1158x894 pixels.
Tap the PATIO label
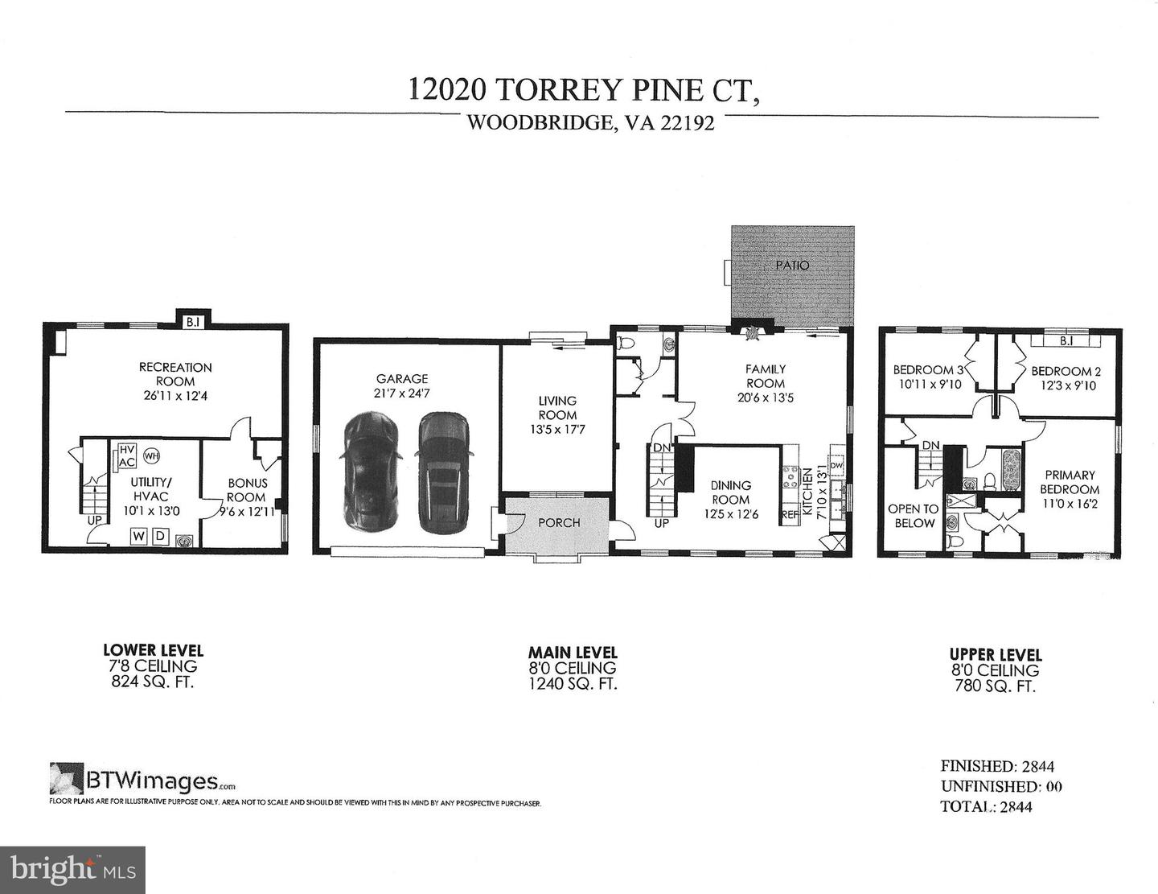click(x=792, y=265)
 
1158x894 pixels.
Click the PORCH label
click(x=559, y=522)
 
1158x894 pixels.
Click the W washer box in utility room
click(x=138, y=535)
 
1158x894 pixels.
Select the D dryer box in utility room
click(x=159, y=535)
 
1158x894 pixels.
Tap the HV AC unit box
click(x=126, y=456)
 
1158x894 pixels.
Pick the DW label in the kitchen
click(x=836, y=465)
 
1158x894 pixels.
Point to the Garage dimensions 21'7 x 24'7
click(x=402, y=393)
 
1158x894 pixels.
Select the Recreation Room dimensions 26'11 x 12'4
click(x=175, y=395)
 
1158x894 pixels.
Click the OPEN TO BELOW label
click(x=913, y=516)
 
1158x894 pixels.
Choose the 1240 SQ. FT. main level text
click(x=572, y=684)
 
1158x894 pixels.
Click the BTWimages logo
click(x=143, y=780)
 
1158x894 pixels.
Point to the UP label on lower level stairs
click(x=95, y=520)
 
